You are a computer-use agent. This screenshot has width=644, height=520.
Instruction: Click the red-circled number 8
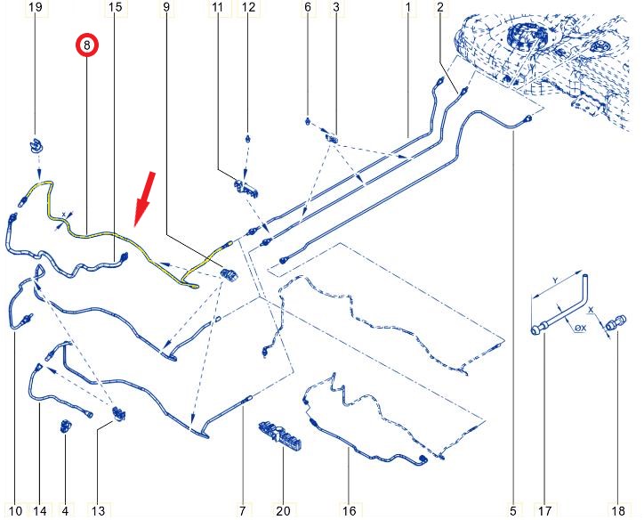(86, 45)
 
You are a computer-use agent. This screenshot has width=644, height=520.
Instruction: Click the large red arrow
(146, 199)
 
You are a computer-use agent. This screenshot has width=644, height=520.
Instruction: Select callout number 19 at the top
(36, 7)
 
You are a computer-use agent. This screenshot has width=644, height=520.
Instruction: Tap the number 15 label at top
(116, 7)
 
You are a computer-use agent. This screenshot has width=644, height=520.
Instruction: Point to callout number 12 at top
(248, 7)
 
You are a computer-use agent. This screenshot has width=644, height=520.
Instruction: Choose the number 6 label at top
(308, 7)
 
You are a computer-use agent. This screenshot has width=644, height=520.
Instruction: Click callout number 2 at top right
(440, 7)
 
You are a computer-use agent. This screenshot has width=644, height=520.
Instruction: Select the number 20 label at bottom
(283, 511)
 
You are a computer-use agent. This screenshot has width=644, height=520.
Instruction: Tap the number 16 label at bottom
(349, 511)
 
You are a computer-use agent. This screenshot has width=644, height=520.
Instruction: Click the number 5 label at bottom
(513, 511)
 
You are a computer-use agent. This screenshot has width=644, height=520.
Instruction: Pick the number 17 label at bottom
(544, 511)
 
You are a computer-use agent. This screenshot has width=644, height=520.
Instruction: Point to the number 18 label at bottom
(618, 511)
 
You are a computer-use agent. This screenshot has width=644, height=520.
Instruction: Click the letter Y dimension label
(555, 280)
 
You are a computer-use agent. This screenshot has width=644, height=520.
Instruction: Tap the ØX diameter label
(580, 328)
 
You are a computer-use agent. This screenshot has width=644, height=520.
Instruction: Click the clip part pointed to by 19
(36, 146)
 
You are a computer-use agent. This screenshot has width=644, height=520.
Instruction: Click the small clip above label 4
(66, 427)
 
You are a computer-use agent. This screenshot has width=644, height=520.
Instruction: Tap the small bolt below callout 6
(308, 121)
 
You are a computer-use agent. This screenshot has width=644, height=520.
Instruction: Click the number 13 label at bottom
(98, 511)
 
